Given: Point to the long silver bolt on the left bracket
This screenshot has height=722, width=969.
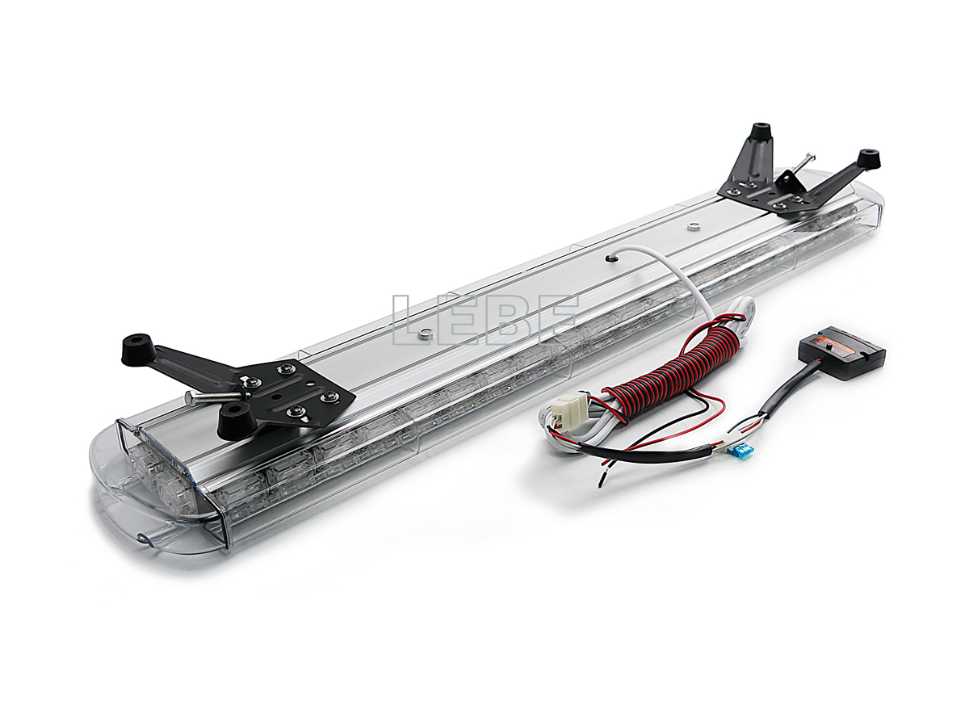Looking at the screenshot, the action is click(213, 397).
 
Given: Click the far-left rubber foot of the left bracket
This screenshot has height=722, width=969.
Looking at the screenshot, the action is click(139, 350).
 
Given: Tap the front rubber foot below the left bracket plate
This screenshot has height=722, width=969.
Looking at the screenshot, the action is click(237, 421).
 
